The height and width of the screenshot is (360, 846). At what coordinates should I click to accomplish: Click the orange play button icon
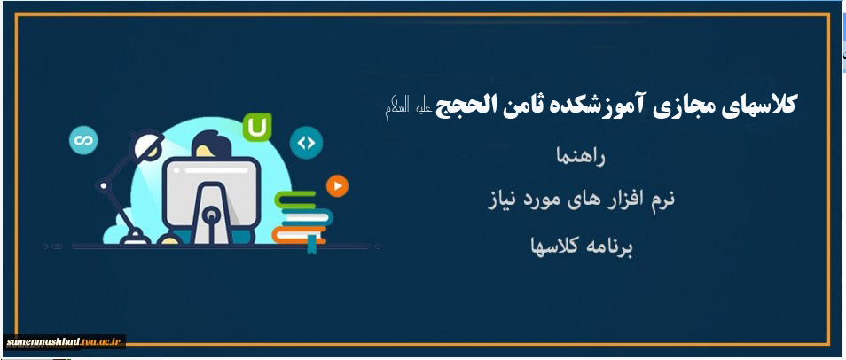[x=337, y=186]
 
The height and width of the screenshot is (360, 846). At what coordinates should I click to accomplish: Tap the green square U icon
[x=257, y=128]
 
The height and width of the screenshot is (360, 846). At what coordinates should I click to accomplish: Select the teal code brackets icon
[x=306, y=143]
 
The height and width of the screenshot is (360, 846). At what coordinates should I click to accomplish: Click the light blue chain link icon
[x=83, y=140]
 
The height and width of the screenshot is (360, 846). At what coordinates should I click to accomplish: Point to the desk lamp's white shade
[x=146, y=145]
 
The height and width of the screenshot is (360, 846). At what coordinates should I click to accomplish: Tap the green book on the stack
[x=295, y=200]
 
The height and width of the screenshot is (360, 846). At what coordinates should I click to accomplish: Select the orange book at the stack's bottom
[x=298, y=235]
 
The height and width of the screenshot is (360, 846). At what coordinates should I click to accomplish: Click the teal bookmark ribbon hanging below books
[x=312, y=244]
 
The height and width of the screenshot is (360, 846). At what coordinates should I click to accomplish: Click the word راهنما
[x=581, y=158]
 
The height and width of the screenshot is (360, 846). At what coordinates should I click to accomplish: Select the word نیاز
[x=503, y=200]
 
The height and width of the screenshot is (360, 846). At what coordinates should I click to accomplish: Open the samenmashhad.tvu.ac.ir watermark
[x=64, y=341]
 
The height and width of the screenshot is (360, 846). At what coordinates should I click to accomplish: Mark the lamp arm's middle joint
[x=103, y=185]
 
